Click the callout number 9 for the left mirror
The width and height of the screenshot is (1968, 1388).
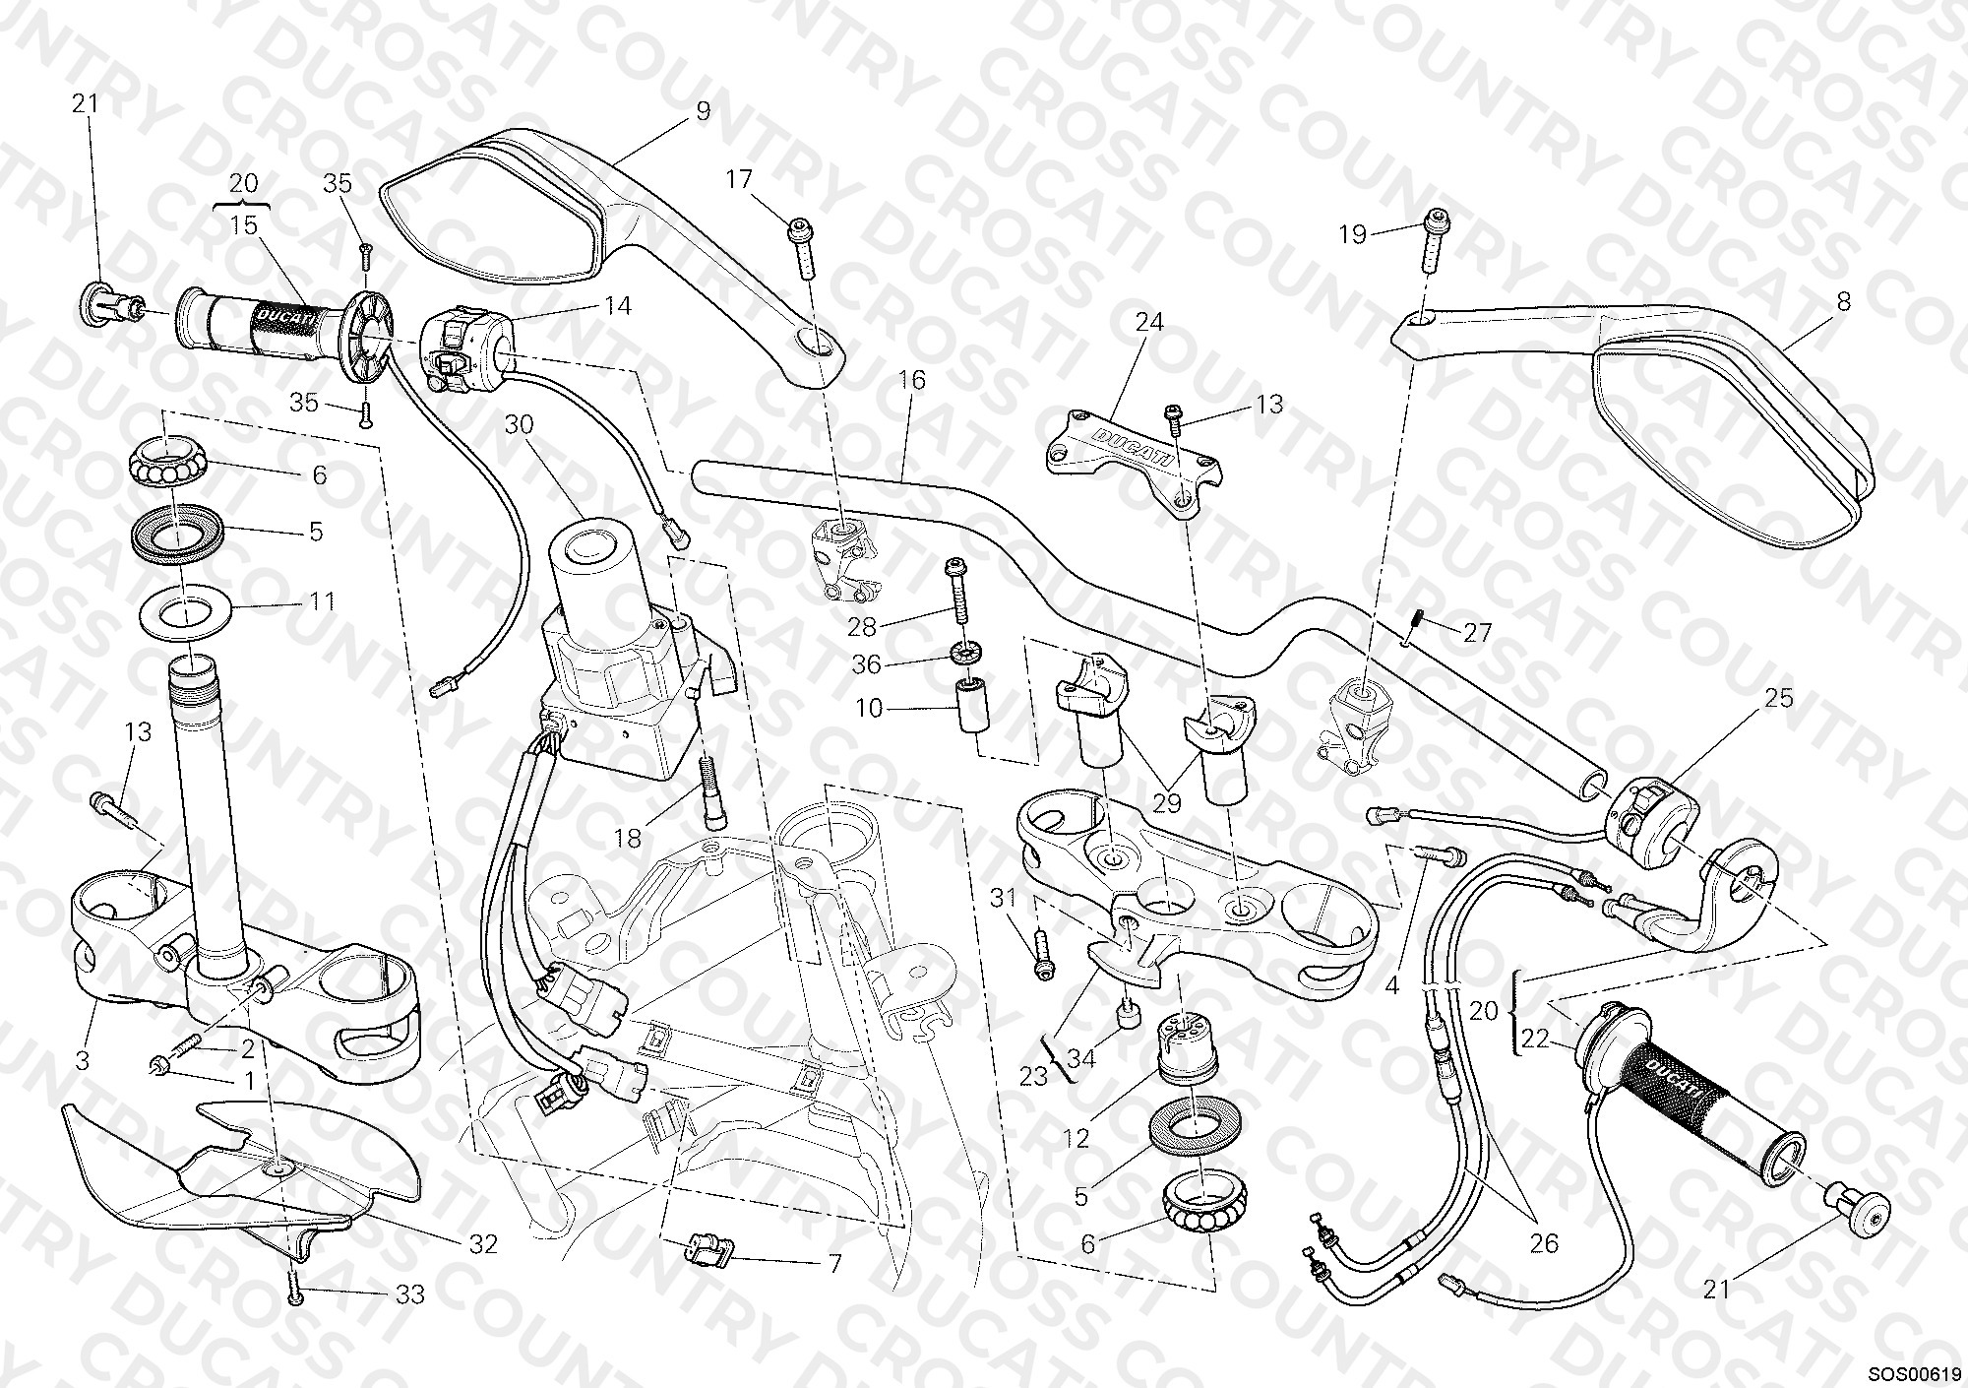(x=703, y=111)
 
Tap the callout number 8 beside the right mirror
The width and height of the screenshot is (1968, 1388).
(x=1844, y=301)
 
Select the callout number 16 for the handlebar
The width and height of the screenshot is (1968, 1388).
(x=912, y=380)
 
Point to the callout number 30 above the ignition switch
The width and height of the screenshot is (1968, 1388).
(x=520, y=424)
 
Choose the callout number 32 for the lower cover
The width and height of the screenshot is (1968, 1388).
(x=483, y=1244)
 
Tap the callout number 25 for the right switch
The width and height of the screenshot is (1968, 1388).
(x=1779, y=698)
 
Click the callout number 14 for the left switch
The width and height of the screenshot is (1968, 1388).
(x=617, y=305)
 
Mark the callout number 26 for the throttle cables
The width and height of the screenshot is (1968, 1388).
(x=1544, y=1243)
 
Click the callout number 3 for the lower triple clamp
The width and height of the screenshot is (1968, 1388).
(x=83, y=1061)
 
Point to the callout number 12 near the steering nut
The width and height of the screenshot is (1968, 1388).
(x=1076, y=1139)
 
